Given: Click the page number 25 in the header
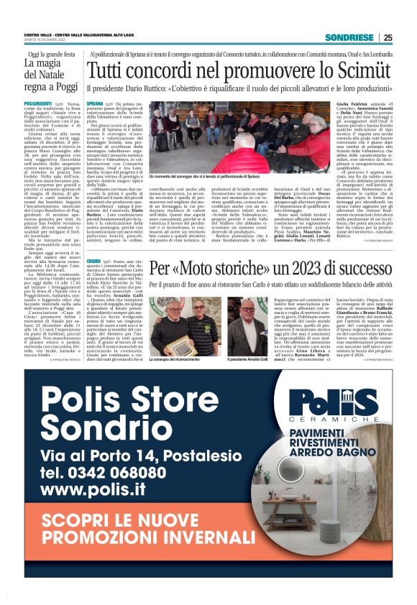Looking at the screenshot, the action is (388, 37).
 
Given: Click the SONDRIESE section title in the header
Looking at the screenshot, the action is (349, 37).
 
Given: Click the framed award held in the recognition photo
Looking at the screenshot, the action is (167, 346).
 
